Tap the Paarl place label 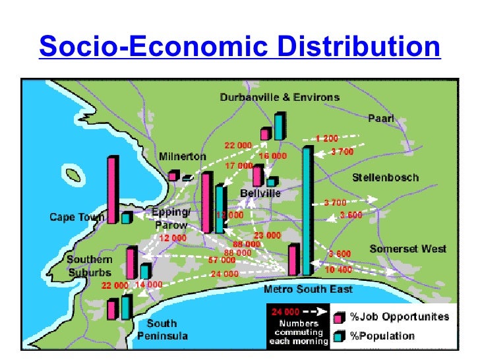(380, 118)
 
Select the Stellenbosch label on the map (385, 178)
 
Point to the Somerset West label (407, 249)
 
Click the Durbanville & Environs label (280, 98)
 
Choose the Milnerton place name (182, 156)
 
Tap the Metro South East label (308, 289)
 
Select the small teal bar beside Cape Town (126, 217)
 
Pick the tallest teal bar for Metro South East (307, 210)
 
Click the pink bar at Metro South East (293, 260)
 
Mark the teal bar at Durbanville (280, 126)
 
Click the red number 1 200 (326, 138)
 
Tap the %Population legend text (382, 336)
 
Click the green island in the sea (73, 175)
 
